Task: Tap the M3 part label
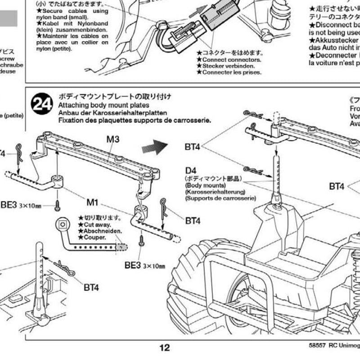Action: coord(113,139)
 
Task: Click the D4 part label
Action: coord(191,171)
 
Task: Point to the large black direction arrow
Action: coord(154,146)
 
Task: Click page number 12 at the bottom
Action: coord(165,347)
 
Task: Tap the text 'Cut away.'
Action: coord(95,224)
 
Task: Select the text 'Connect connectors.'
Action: coord(231,59)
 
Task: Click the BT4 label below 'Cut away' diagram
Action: coord(91,288)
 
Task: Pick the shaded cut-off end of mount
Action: coord(121,247)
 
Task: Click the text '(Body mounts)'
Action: coord(205,185)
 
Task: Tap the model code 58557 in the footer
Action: coord(317,347)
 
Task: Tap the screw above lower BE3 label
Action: coord(142,241)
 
